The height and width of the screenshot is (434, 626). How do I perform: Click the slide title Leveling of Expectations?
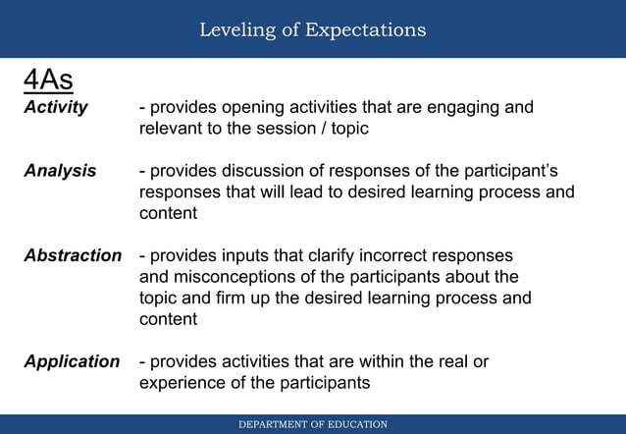click(312, 29)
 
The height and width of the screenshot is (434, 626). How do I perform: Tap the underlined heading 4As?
click(50, 79)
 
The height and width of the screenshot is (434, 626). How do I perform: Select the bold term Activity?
click(56, 107)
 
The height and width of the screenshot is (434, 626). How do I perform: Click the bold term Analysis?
click(60, 171)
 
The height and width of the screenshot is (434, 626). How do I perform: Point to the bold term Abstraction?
click(73, 255)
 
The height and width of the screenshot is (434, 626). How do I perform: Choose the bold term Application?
click(72, 361)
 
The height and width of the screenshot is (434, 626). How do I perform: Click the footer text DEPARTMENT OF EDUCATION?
click(313, 424)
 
